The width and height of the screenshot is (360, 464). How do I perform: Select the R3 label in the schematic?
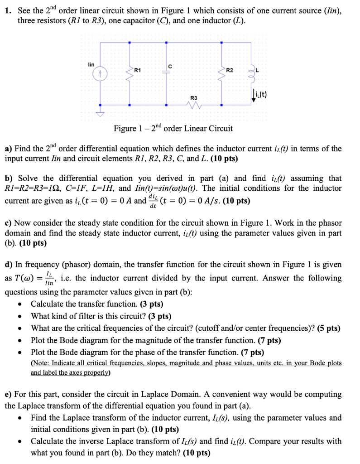click(x=194, y=98)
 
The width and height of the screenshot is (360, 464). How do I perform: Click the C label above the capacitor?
click(x=170, y=67)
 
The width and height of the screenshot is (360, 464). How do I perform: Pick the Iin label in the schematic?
click(x=91, y=65)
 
